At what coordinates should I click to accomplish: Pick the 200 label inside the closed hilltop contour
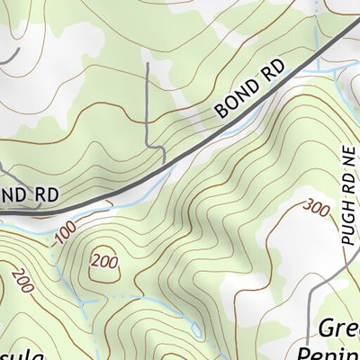(x=104, y=262)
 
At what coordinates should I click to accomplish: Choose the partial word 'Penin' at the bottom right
(x=338, y=351)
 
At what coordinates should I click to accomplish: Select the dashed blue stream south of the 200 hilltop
(x=117, y=295)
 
